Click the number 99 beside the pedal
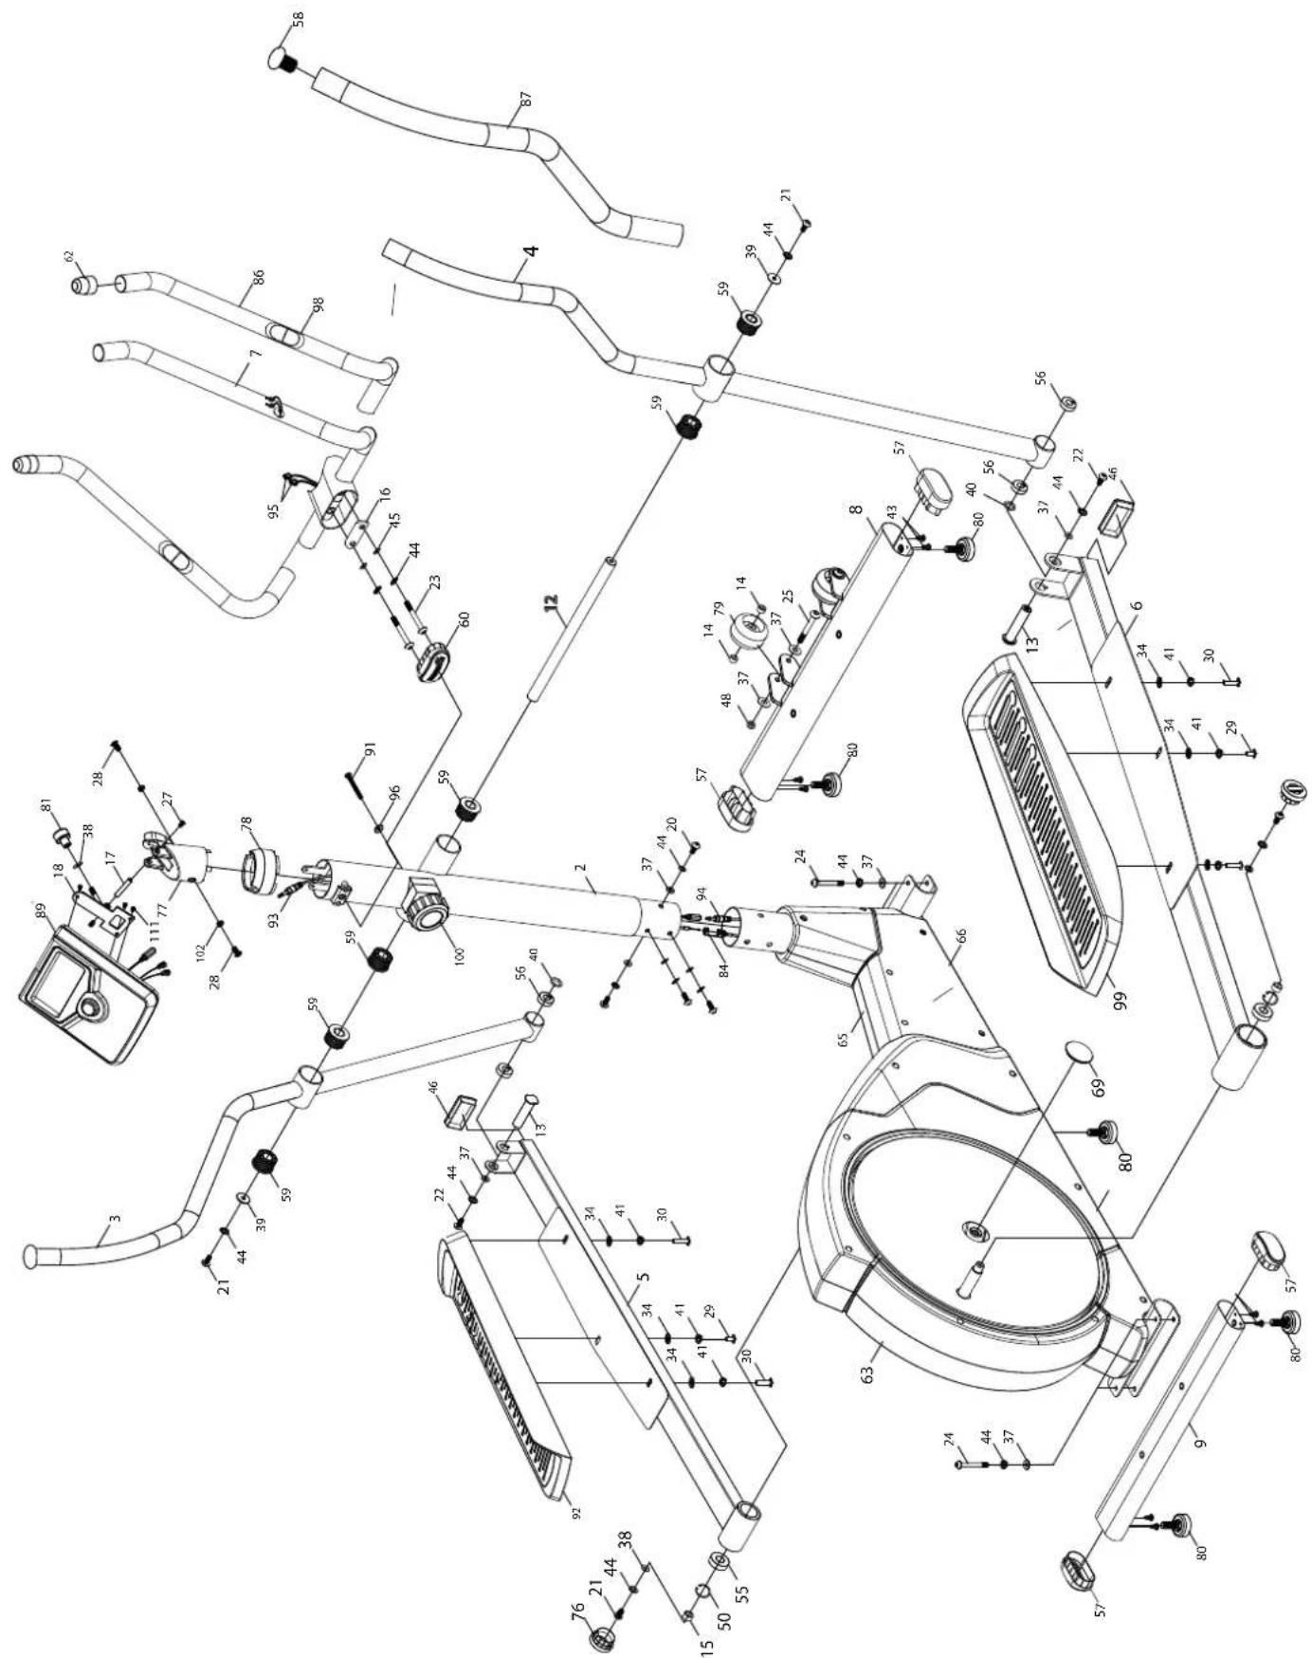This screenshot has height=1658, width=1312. pos(1122,1001)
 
